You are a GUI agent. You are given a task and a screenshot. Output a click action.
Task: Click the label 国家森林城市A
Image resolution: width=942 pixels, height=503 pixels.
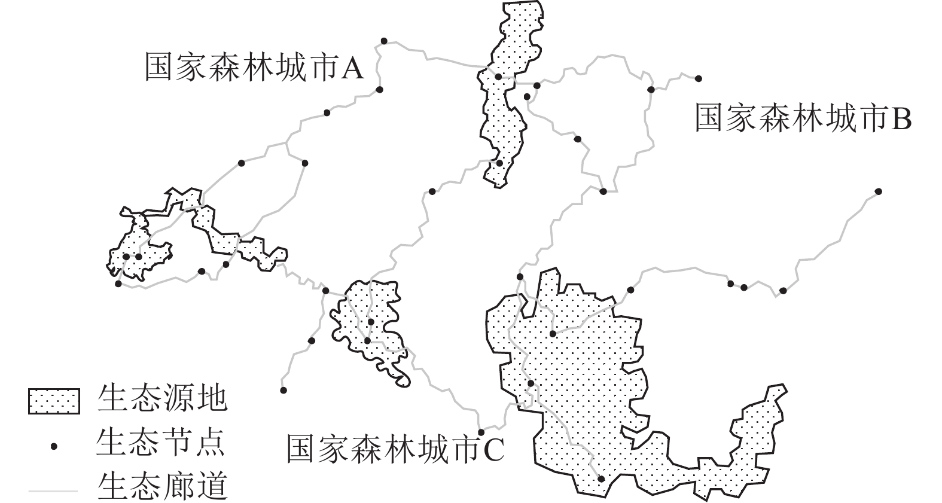pyautogui.click(x=254, y=67)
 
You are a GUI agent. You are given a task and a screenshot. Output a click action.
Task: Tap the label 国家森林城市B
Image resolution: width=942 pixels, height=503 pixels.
pyautogui.click(x=803, y=118)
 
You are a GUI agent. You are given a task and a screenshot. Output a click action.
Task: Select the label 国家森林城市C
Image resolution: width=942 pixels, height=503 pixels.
pyautogui.click(x=395, y=449)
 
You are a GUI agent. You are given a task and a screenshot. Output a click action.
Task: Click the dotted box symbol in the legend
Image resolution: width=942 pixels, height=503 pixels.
pyautogui.click(x=54, y=401)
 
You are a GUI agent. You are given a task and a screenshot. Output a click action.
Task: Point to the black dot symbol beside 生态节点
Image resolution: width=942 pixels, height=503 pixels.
pyautogui.click(x=54, y=447)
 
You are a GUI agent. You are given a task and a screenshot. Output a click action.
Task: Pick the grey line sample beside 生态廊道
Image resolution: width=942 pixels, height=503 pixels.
pyautogui.click(x=53, y=491)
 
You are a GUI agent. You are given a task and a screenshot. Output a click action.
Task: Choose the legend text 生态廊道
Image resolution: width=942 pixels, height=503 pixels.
pyautogui.click(x=162, y=487)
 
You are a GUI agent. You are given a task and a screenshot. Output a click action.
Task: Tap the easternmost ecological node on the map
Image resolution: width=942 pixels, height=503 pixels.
pyautogui.click(x=878, y=191)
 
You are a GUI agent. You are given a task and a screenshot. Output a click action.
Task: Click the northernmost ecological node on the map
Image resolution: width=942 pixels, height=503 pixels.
pyautogui.click(x=384, y=41)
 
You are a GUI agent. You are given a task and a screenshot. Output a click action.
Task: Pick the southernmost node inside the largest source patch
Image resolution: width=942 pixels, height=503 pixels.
pyautogui.click(x=601, y=478)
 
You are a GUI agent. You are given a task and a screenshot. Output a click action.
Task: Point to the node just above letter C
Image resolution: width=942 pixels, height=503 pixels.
pyautogui.click(x=481, y=432)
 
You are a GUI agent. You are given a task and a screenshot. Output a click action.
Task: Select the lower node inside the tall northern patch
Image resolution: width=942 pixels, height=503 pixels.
pyautogui.click(x=499, y=163)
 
